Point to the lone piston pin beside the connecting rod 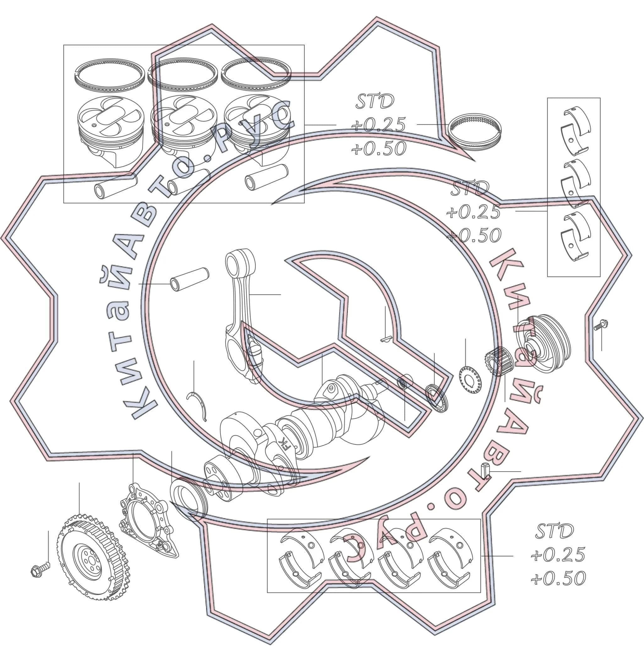point(189,279)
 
